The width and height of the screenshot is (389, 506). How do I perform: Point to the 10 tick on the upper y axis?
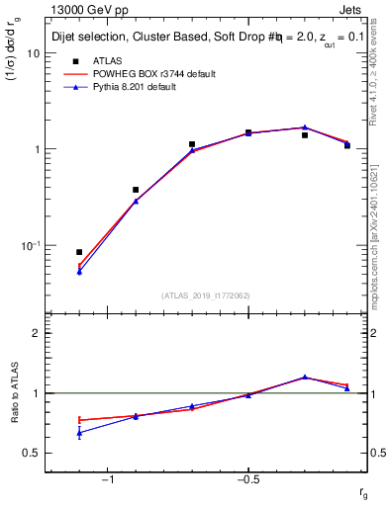pyautogui.click(x=32, y=53)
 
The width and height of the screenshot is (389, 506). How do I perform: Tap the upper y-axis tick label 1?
pyautogui.click(x=35, y=149)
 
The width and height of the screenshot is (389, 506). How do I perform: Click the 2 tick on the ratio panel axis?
pyautogui.click(x=35, y=334)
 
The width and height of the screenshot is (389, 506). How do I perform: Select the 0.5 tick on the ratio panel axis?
pyautogui.click(x=31, y=453)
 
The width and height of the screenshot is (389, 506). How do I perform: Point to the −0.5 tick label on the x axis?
pyautogui.click(x=246, y=479)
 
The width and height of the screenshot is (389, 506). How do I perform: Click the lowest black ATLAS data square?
pyautogui.click(x=79, y=252)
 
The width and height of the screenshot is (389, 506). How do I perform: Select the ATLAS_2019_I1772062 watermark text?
pyautogui.click(x=206, y=295)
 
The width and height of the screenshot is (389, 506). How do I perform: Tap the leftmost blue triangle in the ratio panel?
pyautogui.click(x=79, y=433)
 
